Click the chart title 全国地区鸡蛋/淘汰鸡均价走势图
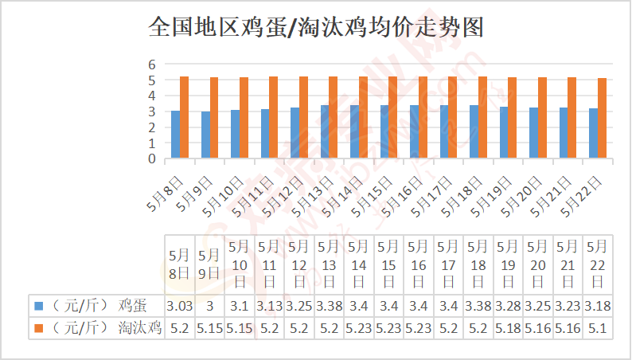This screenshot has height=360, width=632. [x=316, y=28]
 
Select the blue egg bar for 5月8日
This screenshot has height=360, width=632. [x=175, y=135]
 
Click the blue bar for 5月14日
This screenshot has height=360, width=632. [x=354, y=131]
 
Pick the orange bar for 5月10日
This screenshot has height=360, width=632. [x=244, y=118]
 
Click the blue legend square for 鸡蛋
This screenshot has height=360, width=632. [x=38, y=305]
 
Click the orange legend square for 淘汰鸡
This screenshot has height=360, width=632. [x=38, y=327]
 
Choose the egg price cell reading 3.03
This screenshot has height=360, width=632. [x=178, y=305]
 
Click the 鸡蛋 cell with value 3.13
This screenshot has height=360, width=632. [x=268, y=305]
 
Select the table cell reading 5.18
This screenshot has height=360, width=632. [x=507, y=327]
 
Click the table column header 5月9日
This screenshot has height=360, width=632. [x=209, y=264]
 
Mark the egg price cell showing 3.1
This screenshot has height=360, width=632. [x=239, y=305]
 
